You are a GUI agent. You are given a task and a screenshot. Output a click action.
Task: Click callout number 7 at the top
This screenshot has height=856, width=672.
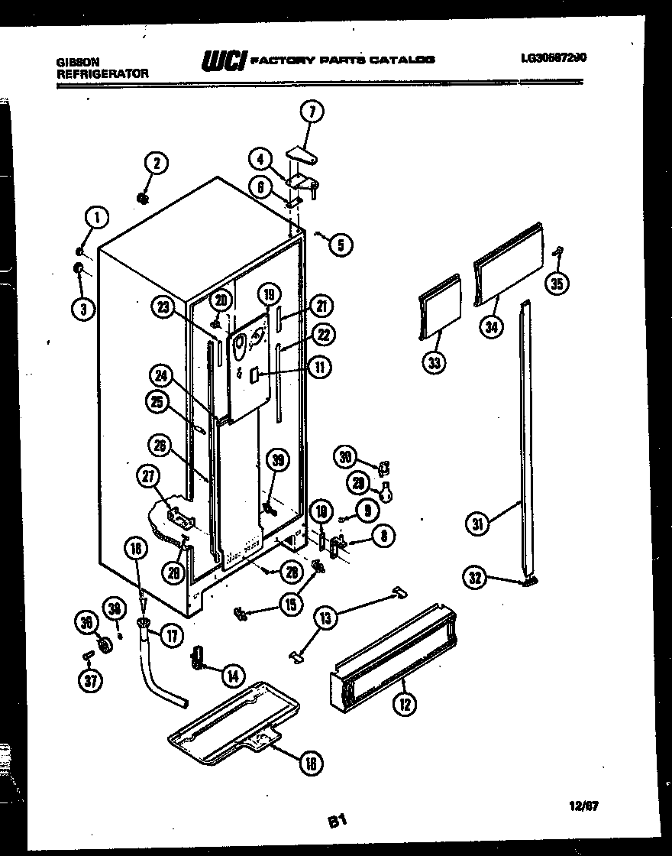pos(311,112)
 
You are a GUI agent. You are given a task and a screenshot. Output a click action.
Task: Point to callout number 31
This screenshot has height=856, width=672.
pos(479,524)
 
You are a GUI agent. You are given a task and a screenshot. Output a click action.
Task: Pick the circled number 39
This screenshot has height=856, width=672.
pos(278,459)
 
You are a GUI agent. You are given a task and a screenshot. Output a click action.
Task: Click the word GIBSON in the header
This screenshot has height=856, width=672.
pos(78,62)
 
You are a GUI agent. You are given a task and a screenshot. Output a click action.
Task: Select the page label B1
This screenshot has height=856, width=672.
pos(338,822)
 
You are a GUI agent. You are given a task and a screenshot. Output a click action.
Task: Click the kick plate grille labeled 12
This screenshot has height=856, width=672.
pos(393,658)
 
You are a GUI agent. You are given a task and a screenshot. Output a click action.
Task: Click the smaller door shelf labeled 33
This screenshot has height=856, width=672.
pos(440,306)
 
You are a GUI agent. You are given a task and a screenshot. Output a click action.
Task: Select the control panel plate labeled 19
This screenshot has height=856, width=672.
pos(247,367)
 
